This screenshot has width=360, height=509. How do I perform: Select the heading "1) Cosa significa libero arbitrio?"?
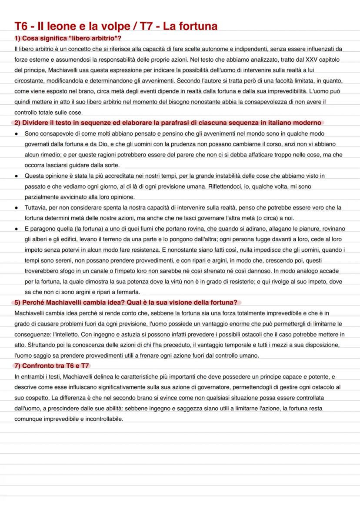pyautogui.click(x=67, y=39)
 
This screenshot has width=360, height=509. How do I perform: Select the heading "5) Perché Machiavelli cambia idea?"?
pyautogui.click(x=126, y=303)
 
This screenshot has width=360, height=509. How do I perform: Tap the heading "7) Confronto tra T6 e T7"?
pyautogui.click(x=52, y=366)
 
